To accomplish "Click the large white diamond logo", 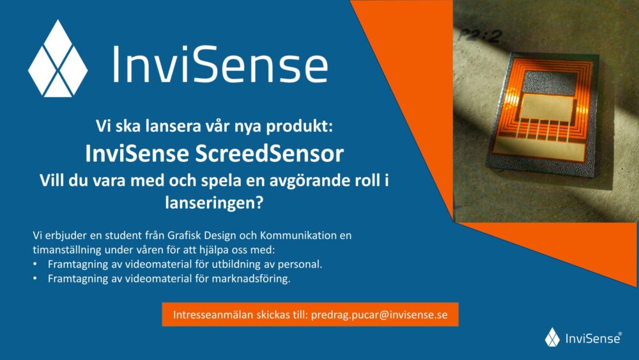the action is click(x=58, y=58).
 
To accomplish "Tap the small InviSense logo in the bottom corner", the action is click(x=583, y=337).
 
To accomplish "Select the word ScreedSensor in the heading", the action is click(x=269, y=153).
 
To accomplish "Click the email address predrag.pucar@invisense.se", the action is click(x=379, y=315).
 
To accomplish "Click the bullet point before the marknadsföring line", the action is click(x=35, y=278).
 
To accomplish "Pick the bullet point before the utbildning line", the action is click(x=35, y=264).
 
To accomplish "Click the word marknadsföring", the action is click(x=250, y=278).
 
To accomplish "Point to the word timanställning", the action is click(x=67, y=250).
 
